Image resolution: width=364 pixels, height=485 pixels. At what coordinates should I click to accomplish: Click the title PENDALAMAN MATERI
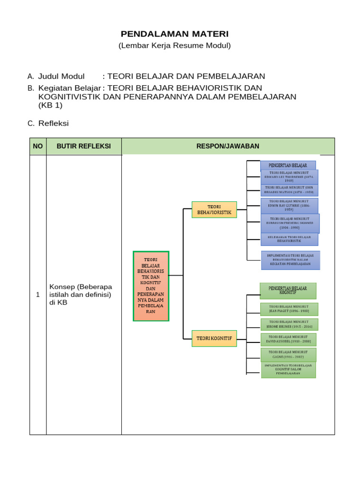point(174,34)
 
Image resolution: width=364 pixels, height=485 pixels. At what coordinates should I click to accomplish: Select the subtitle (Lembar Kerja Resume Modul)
point(174,45)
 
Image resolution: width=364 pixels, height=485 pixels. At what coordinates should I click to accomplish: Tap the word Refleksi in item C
point(54,123)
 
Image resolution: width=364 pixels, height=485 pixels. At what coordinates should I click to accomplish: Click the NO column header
point(38,146)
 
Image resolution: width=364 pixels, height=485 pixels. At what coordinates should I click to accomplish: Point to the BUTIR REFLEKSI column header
point(84,146)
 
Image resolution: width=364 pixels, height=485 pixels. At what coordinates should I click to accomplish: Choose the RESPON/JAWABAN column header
point(228,146)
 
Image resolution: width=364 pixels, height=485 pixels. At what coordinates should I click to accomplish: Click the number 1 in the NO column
point(38,295)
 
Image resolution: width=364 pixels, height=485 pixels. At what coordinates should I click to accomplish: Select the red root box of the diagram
point(151,286)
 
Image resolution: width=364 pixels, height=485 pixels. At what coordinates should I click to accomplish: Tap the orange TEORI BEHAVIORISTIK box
point(214,209)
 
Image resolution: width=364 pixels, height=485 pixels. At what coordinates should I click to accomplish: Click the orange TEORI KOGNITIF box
point(214,338)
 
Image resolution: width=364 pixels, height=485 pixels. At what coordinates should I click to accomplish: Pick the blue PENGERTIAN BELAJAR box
point(288,165)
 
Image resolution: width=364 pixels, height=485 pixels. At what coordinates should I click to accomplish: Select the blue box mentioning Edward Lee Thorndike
point(289,177)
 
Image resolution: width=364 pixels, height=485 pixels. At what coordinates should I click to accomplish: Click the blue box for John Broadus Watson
point(289,190)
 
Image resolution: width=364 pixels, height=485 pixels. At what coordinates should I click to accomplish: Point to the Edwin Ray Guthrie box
point(289,206)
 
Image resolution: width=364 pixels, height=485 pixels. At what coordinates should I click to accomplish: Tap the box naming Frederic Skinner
point(290,224)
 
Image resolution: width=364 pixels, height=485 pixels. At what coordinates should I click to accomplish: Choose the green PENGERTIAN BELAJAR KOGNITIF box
point(288,290)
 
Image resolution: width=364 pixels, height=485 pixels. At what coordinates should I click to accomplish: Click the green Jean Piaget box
point(289,309)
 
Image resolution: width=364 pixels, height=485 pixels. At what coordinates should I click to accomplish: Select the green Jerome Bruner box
point(289,324)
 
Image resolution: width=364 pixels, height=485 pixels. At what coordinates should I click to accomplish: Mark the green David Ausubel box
point(289,340)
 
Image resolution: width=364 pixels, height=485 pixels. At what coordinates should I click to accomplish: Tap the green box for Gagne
point(289,355)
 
